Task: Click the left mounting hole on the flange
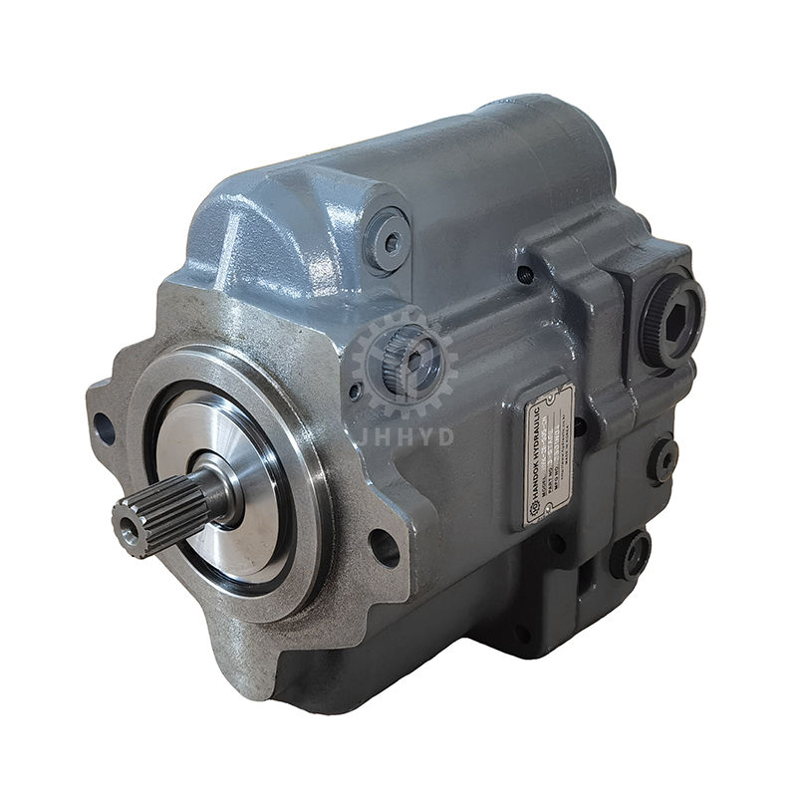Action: pos(104,429)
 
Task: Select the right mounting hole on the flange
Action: pos(383,547)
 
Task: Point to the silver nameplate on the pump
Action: pos(549,453)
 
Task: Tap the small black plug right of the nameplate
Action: pos(662,459)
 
